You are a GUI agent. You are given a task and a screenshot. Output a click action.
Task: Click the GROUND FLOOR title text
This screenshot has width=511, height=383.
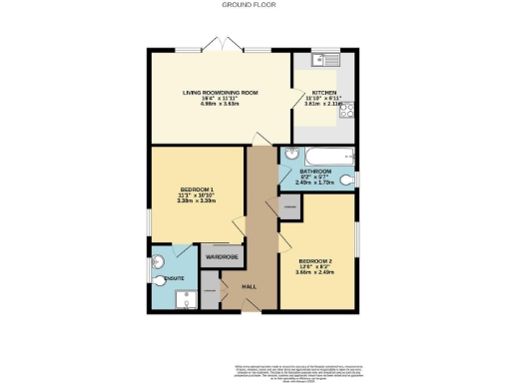[x=255, y=5]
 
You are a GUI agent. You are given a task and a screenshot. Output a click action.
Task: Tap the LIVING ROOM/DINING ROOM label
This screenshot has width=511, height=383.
[x=221, y=92]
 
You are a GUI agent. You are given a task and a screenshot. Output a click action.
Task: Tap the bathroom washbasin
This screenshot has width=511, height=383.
[x=290, y=156]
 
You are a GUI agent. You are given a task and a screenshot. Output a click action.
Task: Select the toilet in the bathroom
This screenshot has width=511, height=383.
[x=346, y=180]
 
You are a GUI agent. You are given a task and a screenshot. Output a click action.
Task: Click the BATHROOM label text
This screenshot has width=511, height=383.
[x=315, y=172]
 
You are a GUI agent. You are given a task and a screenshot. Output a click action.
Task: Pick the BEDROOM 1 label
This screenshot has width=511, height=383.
[x=197, y=190]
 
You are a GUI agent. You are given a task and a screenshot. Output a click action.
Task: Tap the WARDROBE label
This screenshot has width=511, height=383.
[x=221, y=257]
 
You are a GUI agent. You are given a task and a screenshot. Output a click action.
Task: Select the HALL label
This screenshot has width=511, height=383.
[x=251, y=286]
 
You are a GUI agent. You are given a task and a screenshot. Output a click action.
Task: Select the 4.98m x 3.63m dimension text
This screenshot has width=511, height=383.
[x=221, y=104]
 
